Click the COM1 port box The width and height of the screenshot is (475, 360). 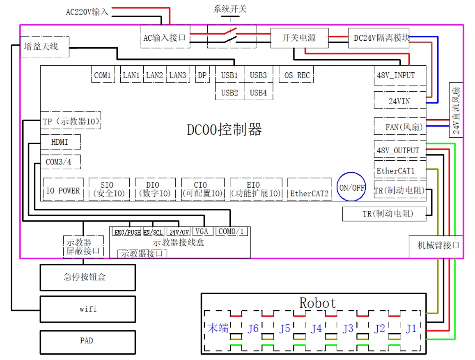102,75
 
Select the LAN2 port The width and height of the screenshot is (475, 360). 154,75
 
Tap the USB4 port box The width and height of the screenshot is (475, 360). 258,93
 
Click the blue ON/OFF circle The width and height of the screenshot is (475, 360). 352,187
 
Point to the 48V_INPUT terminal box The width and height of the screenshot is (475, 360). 396,76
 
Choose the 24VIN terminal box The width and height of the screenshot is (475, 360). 399,101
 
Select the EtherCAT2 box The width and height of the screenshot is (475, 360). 310,193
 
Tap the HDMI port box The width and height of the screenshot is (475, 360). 60,142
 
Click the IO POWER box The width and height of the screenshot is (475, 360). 63,190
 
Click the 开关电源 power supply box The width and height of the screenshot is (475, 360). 299,38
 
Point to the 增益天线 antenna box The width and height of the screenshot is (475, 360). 44,46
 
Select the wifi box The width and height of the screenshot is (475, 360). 87,309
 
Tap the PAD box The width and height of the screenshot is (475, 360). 87,341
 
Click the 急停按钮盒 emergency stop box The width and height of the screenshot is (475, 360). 87,277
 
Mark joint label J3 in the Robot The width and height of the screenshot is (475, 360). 348,329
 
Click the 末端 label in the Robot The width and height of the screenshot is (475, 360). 218,328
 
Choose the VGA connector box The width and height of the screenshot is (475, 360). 202,231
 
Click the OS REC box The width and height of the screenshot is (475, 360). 297,75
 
